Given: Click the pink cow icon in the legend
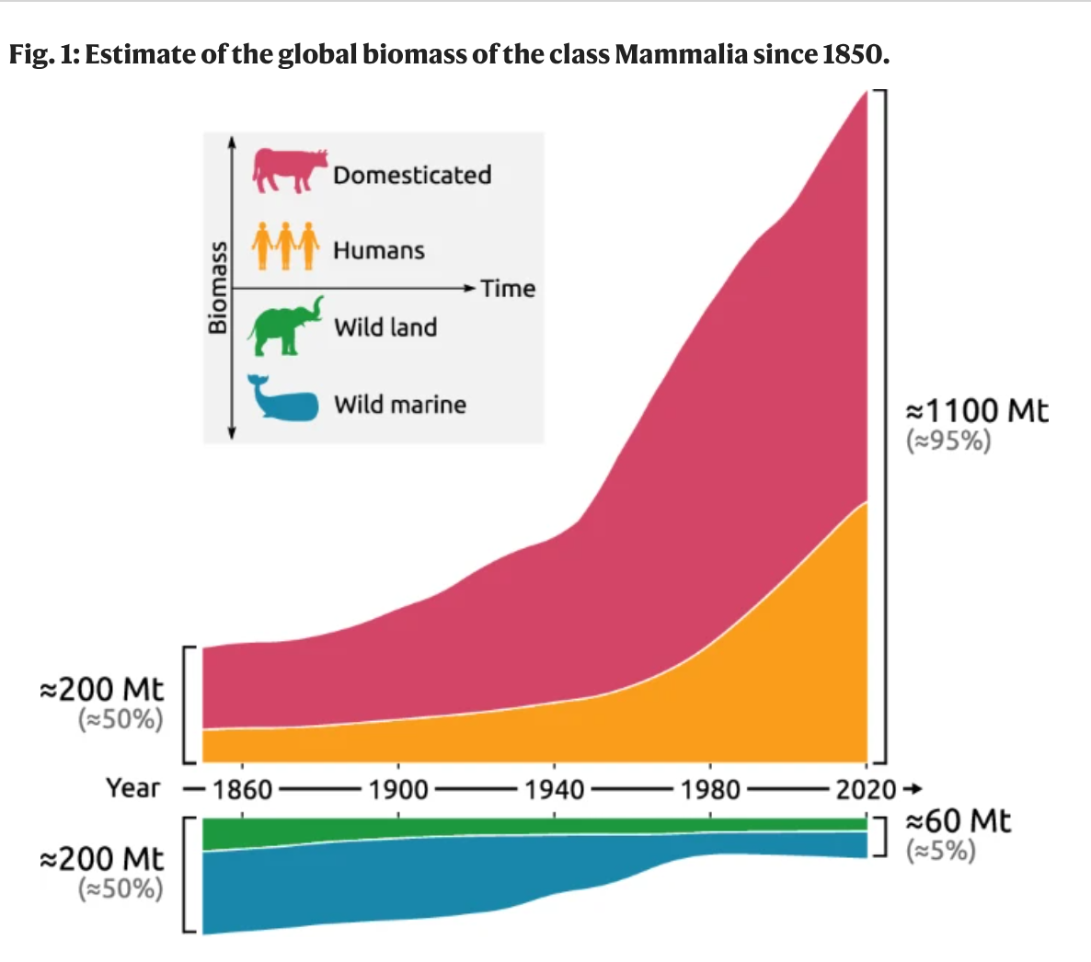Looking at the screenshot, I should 290,170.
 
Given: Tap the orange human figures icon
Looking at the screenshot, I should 286,245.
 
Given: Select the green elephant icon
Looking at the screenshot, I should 286,326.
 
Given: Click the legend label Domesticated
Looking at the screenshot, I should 412,175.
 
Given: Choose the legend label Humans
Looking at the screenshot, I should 379,250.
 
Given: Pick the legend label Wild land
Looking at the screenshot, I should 385,327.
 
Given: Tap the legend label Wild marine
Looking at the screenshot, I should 400,405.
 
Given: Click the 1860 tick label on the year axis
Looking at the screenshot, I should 243,790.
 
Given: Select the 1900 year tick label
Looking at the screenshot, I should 398,790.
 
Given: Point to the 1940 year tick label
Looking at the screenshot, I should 555,790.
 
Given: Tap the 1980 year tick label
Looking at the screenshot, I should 710,790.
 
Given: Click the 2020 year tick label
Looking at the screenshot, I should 866,790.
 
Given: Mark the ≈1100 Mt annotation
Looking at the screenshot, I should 977,410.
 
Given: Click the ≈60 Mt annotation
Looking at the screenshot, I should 958,820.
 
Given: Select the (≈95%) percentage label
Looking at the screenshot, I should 949,441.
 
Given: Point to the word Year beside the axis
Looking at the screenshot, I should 132,788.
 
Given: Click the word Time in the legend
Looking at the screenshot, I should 508,289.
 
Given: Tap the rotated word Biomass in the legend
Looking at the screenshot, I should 217,287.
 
